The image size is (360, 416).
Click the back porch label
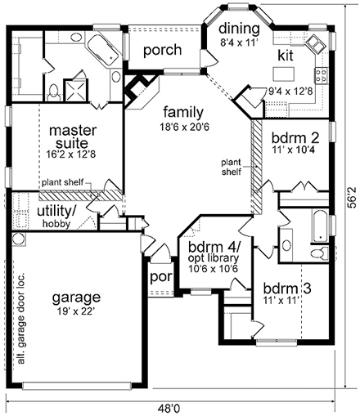[x=162, y=51]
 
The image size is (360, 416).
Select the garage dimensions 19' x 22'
[x=78, y=311]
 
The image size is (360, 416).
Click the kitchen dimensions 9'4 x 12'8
[x=291, y=92]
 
